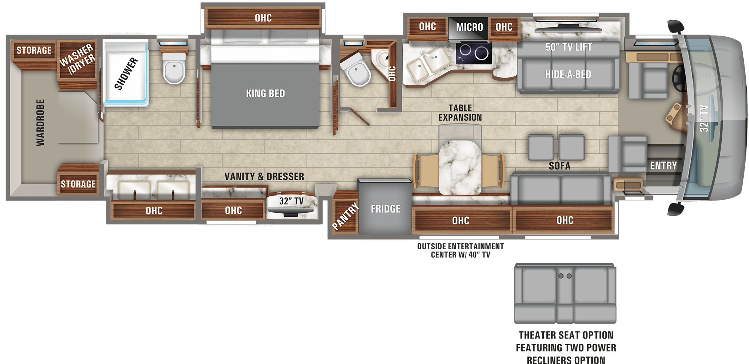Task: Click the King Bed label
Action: point(265,93)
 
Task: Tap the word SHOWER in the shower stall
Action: point(126,74)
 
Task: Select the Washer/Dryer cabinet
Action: point(78,60)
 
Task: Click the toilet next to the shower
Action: point(174,68)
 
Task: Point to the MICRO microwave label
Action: point(469,27)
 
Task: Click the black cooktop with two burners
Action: point(474,53)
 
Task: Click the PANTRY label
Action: point(345,216)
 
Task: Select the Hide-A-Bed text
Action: point(568,74)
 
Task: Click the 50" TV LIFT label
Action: point(568,47)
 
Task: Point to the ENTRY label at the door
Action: point(663,165)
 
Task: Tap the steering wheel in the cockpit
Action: point(678,77)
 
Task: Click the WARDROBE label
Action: point(40,123)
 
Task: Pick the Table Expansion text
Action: point(460,113)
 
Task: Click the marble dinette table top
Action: point(460,167)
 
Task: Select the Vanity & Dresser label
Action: point(264,177)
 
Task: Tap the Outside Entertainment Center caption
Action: point(460,250)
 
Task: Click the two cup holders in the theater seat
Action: point(565,276)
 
